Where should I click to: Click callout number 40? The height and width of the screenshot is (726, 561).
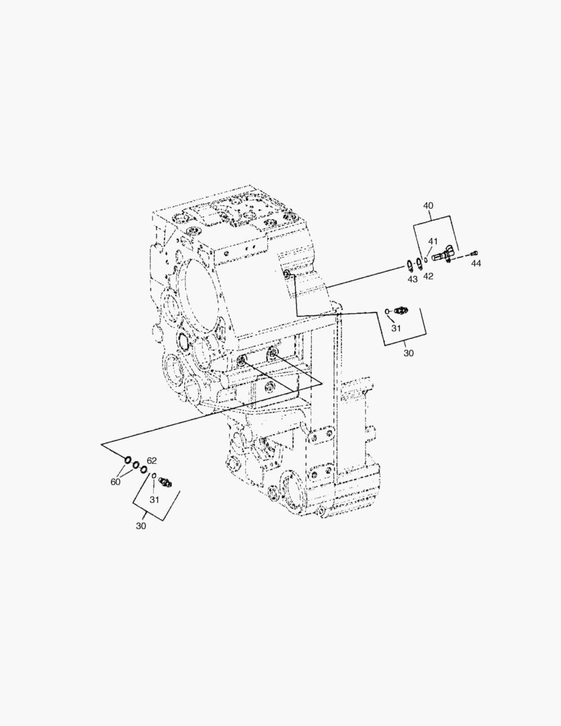coord(428,206)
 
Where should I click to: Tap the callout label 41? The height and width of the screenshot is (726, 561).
coord(433,241)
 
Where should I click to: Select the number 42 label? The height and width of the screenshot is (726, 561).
coord(428,276)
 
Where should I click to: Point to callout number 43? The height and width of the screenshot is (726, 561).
coord(413,278)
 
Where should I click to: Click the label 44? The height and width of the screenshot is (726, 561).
coord(476,264)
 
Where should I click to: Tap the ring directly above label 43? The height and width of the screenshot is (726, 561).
coord(409,263)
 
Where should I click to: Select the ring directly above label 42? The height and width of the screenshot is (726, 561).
coord(419,262)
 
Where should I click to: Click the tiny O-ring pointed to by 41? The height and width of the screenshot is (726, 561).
coord(426,257)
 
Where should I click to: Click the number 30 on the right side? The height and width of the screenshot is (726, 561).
coord(408,352)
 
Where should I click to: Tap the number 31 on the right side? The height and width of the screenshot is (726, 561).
coord(396,328)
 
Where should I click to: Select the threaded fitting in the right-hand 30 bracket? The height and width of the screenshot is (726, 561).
coord(402,310)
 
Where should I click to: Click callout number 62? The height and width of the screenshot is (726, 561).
coord(152,460)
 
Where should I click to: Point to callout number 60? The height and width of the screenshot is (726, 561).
coord(116,481)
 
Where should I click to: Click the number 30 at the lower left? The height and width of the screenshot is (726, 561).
coord(140,526)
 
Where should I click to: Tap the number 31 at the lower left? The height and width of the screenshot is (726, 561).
coord(155,499)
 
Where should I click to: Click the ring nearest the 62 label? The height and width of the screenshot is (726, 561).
coord(143,469)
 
